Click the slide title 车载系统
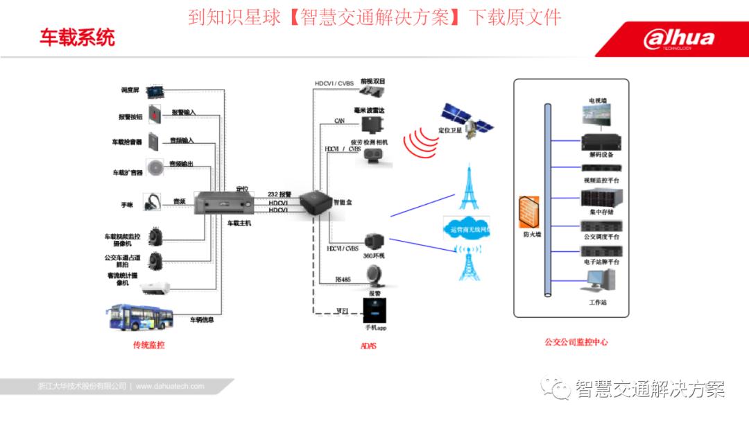[x=77, y=37]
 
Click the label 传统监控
[x=149, y=344]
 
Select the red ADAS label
[x=368, y=346]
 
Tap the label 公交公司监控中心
[x=576, y=341]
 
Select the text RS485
[x=343, y=280]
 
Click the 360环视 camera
[x=374, y=241]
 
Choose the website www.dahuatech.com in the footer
[x=170, y=386]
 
